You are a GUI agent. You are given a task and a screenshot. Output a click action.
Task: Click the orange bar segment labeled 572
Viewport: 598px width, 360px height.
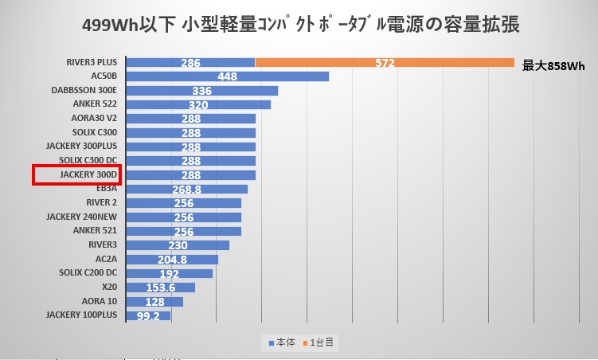(385, 62)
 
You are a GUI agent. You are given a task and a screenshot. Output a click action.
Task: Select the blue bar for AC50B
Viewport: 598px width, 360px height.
(227, 76)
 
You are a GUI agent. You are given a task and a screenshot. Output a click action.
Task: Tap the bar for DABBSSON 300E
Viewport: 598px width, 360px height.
(201, 91)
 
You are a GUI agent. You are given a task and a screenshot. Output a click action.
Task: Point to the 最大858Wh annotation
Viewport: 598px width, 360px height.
(553, 66)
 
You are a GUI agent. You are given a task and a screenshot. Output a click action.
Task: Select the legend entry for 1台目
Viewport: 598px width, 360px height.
(321, 342)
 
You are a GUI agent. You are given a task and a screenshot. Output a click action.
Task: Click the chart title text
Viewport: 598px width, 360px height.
(300, 25)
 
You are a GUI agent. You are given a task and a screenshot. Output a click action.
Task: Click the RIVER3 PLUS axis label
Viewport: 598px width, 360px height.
(92, 62)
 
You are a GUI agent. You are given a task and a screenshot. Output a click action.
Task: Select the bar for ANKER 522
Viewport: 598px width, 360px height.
(198, 104)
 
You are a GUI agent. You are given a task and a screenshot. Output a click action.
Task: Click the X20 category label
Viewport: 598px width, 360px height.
(109, 287)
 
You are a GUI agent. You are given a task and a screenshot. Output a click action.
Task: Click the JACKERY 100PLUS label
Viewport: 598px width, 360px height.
(81, 315)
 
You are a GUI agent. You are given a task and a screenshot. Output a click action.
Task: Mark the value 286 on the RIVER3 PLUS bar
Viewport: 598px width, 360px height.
(190, 62)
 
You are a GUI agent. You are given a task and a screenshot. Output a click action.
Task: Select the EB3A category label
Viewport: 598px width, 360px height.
(105, 189)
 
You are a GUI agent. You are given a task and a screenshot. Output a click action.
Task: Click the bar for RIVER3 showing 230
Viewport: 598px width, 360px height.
(178, 245)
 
